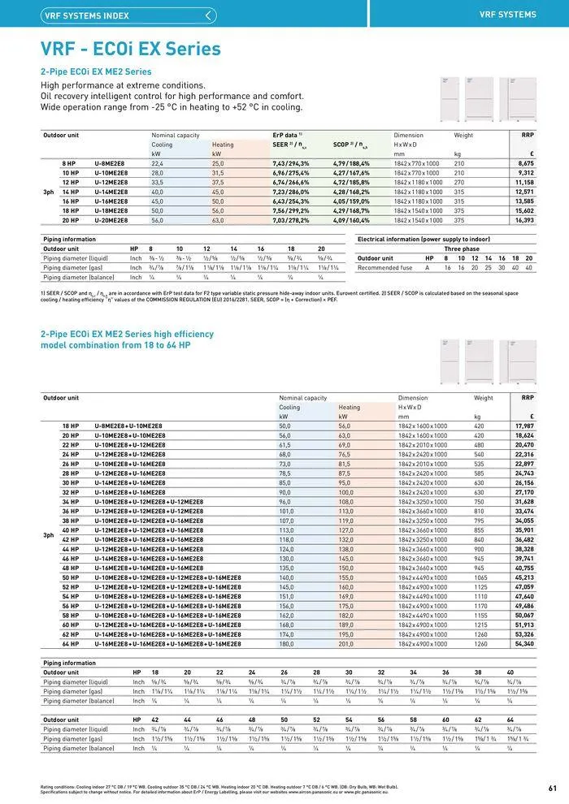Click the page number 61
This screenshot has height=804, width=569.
[553, 787]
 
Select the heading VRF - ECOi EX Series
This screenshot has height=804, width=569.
[130, 49]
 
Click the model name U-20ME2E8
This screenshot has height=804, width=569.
[111, 220]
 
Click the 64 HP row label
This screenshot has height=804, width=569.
[71, 644]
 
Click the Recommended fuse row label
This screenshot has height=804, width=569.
[389, 267]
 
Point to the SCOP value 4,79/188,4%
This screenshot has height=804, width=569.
[351, 163]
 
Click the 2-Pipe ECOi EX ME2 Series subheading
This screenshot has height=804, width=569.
[96, 71]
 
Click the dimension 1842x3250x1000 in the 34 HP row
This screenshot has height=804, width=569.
[422, 502]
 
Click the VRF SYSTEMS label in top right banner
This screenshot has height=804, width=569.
[508, 15]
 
